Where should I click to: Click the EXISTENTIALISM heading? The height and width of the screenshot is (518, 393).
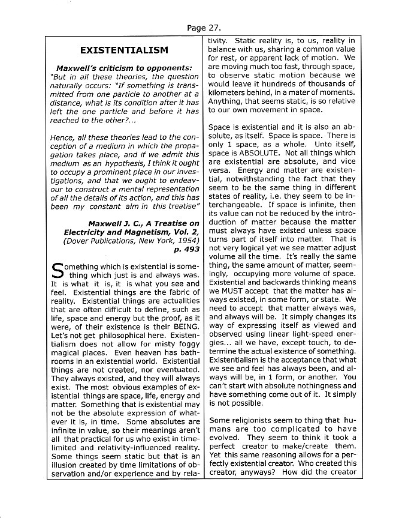pos(124,50)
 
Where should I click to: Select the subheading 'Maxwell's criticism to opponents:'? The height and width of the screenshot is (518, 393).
pos(124,68)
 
